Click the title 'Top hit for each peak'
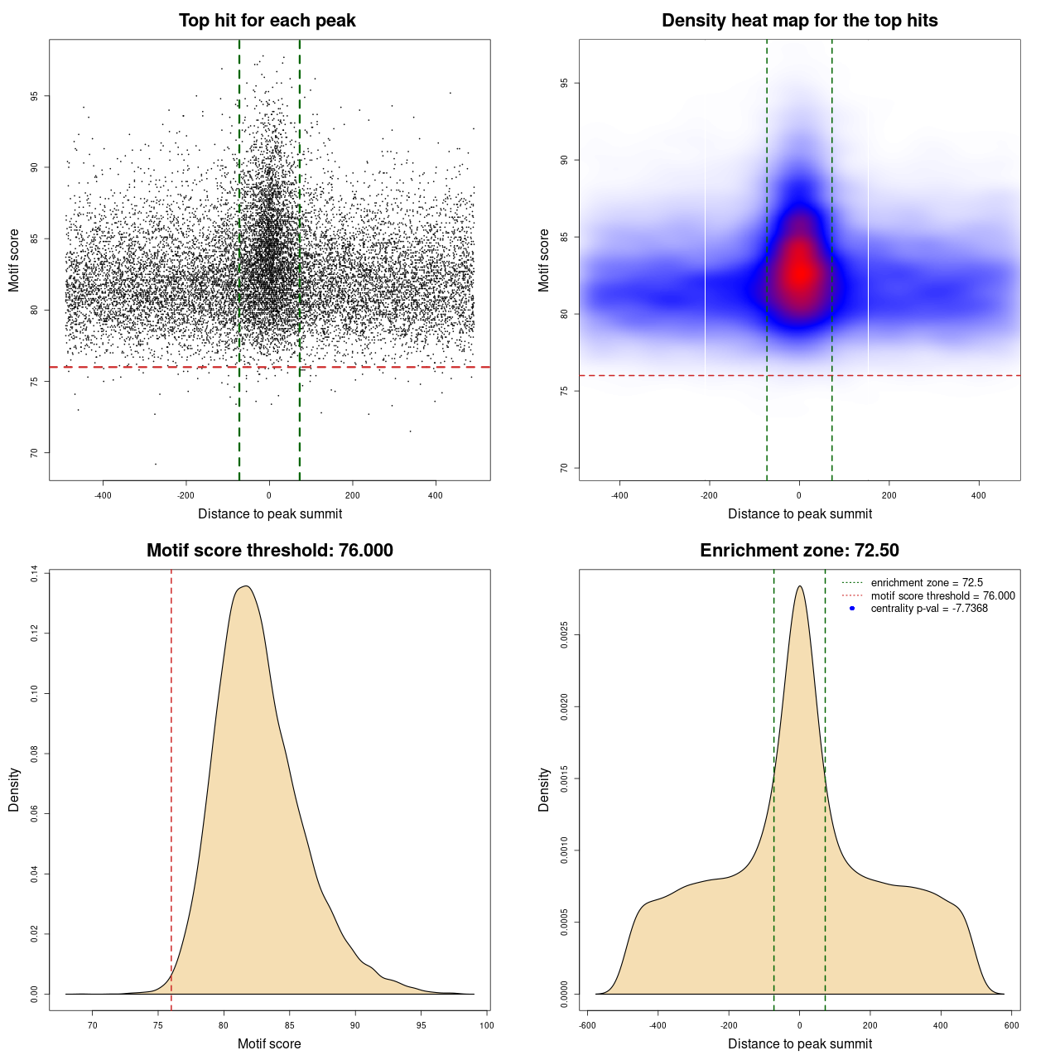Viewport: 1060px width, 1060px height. [267, 21]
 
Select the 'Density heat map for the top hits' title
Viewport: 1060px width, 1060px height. [799, 21]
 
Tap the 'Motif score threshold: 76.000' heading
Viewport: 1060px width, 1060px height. [269, 551]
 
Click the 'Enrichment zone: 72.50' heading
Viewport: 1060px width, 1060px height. [799, 551]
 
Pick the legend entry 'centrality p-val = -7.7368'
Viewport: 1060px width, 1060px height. [929, 609]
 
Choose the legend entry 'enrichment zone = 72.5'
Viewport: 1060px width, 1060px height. [927, 583]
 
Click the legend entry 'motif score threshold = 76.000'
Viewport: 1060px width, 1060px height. [942, 596]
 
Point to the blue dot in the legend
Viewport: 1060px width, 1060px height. [852, 609]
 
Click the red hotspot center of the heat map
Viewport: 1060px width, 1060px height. [799, 272]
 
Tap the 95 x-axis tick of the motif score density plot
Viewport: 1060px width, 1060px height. [422, 1025]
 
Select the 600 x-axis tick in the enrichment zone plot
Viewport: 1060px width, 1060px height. [1012, 1025]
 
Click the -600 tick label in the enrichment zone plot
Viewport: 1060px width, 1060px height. [586, 1025]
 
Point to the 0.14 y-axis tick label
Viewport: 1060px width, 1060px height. [34, 574]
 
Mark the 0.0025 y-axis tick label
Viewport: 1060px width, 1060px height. [564, 635]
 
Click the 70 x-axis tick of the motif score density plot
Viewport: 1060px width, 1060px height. [92, 1025]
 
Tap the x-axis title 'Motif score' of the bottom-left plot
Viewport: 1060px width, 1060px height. [269, 1044]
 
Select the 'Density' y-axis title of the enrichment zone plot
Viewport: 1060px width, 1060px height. [544, 789]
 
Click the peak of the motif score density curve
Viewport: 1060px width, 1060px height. [245, 586]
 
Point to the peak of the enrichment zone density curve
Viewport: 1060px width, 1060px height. [799, 586]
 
